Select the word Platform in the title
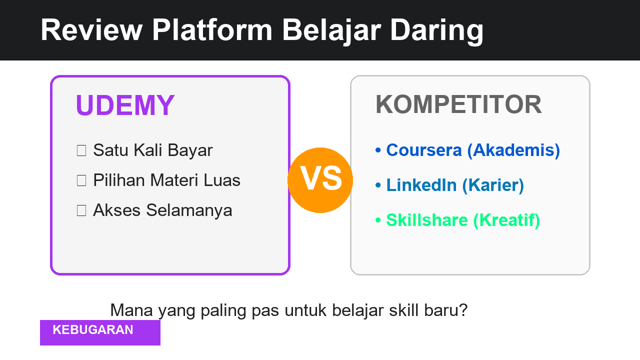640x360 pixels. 212,30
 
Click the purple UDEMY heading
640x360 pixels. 125,105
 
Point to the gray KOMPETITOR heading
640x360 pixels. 458,105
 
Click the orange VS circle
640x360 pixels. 320,180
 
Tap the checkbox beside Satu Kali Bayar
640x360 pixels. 81,150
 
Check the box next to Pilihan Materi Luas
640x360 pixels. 81,180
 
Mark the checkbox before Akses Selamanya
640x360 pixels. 81,210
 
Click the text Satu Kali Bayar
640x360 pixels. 152,150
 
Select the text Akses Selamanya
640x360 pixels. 162,210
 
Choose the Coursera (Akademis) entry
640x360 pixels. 473,150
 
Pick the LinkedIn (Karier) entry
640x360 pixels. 455,185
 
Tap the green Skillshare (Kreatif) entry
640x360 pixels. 463,220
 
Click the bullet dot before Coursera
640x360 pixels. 378,150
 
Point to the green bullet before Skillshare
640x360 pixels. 378,220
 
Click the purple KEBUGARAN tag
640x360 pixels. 100,332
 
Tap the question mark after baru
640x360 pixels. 463,310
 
